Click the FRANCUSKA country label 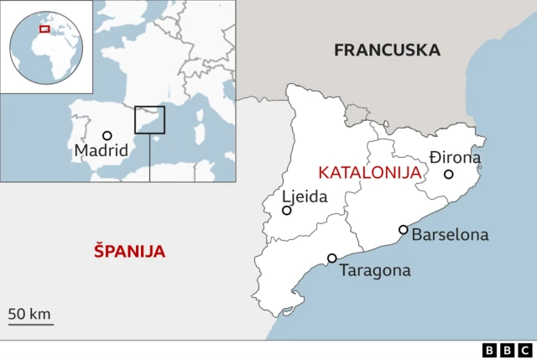(387, 50)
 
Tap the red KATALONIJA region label (369, 172)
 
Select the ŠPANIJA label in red (129, 251)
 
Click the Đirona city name (456, 157)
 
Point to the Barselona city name (450, 235)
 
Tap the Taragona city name (375, 270)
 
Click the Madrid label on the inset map (101, 151)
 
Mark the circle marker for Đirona (449, 175)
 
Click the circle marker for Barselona (404, 230)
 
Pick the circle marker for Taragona (332, 258)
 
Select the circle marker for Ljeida (287, 211)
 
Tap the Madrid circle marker (107, 136)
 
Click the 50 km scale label (30, 314)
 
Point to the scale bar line (30, 324)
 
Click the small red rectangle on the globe (44, 29)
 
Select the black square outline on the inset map (149, 119)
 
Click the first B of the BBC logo (491, 350)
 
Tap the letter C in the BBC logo (524, 350)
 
